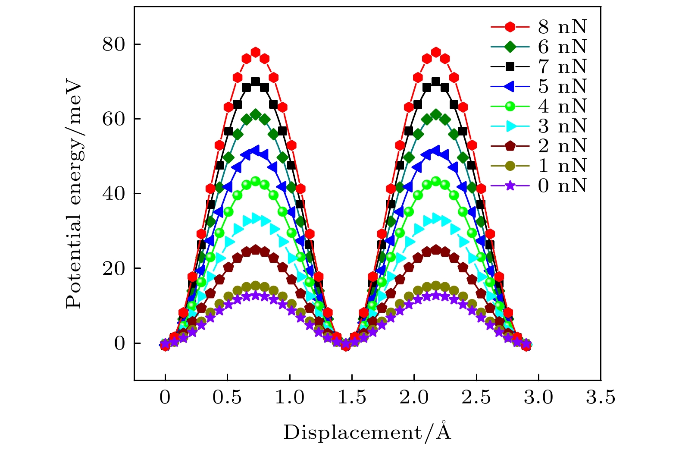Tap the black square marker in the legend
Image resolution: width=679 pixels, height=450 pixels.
(510, 66)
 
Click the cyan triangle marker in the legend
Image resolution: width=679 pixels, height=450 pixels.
(510, 126)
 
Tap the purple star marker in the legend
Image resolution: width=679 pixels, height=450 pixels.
(510, 186)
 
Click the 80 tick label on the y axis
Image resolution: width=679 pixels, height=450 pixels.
(113, 44)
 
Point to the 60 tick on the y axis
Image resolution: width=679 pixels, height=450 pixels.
(113, 119)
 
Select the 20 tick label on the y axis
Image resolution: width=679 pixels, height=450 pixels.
(113, 268)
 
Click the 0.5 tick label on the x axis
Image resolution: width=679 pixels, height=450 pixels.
(228, 397)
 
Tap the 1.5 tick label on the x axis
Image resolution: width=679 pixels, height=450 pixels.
(352, 397)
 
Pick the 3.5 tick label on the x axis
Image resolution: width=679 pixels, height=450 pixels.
(601, 397)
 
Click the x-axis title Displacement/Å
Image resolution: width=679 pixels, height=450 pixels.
(367, 432)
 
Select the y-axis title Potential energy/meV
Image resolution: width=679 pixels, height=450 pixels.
(74, 194)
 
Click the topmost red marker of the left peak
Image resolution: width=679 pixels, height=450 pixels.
(256, 52)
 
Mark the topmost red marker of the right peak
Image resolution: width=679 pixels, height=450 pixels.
(436, 52)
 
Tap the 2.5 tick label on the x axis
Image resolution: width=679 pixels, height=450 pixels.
(476, 397)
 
